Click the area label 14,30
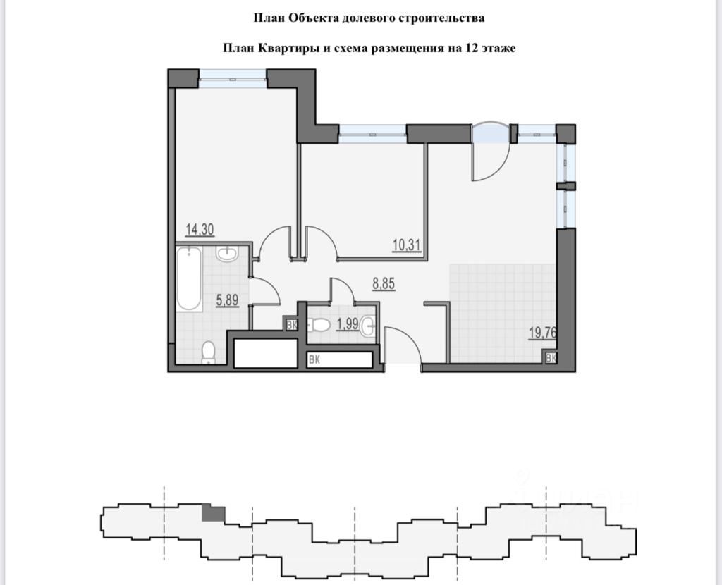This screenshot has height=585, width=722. (200, 229)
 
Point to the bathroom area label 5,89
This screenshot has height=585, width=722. (226, 300)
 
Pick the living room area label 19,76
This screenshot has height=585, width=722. (542, 333)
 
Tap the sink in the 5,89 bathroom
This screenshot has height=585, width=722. (227, 254)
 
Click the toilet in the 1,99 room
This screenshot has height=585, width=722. (320, 325)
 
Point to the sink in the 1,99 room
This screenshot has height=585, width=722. (370, 326)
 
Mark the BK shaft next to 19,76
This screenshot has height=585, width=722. (551, 358)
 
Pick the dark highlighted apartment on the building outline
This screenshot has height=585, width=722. (213, 513)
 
